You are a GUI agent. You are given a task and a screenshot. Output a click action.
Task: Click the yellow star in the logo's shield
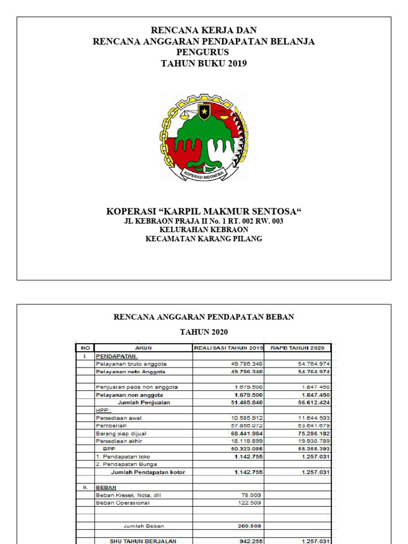coord(204,111)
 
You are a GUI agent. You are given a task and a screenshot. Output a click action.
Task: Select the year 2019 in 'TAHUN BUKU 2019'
coord(237,63)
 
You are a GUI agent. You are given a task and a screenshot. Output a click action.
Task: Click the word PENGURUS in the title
coord(203,52)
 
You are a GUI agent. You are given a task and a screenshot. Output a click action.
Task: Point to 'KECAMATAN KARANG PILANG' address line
coord(204,239)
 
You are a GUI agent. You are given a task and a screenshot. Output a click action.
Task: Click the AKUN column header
coord(143,348)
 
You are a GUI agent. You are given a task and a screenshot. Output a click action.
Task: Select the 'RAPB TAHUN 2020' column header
coord(297,348)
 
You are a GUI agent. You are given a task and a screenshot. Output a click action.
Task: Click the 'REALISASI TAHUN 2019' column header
coord(228,348)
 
